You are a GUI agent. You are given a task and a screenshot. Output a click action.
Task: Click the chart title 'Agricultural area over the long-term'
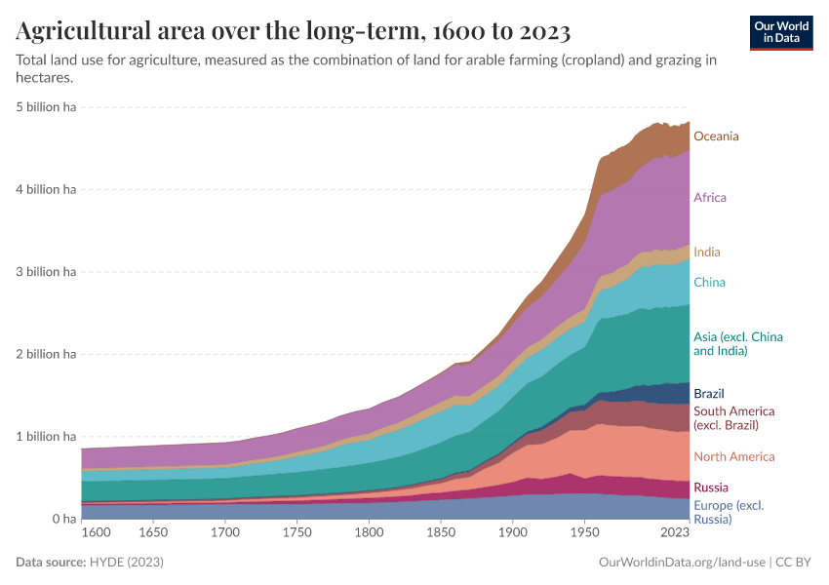(293, 31)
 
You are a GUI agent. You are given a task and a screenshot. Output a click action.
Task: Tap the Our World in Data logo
(781, 32)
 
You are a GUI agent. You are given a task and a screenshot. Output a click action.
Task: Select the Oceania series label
(716, 136)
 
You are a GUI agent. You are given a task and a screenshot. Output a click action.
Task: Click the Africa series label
(709, 198)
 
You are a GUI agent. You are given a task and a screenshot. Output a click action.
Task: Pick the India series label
(706, 253)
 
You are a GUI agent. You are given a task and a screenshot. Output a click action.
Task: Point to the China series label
(709, 283)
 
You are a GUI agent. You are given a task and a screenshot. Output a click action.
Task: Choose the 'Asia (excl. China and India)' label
(737, 344)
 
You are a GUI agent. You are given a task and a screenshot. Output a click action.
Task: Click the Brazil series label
(708, 394)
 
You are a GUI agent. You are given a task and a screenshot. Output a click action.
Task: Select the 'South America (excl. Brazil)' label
(733, 418)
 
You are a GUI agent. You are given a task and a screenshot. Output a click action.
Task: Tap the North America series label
(733, 457)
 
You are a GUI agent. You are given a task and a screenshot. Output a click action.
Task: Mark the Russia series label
(710, 487)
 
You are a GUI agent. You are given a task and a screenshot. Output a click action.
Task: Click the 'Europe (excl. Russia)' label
(729, 512)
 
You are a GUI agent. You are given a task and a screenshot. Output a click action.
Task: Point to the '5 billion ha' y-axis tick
(47, 107)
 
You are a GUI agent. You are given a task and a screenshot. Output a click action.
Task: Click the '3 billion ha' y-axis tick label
(47, 272)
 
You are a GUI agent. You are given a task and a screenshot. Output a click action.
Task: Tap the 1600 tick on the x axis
(98, 533)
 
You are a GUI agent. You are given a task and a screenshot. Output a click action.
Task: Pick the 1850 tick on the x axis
(441, 533)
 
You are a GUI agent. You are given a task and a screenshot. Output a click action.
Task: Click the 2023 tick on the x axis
(675, 533)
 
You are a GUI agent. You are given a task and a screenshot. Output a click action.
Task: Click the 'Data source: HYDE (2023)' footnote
(90, 563)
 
